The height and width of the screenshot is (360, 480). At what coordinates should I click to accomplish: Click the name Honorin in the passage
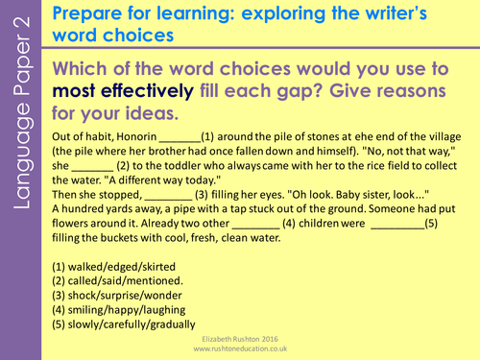coord(136,136)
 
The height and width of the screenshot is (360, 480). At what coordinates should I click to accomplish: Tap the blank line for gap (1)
coord(180,141)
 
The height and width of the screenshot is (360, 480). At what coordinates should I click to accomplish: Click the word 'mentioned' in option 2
coord(153,280)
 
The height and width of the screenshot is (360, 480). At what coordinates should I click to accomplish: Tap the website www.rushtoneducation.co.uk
coord(240,348)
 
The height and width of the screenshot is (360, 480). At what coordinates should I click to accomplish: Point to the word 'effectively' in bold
coord(147,91)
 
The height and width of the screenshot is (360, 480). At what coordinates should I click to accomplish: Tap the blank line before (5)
coord(397,228)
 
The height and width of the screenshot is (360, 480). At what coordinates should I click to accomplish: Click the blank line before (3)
coord(168,199)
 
